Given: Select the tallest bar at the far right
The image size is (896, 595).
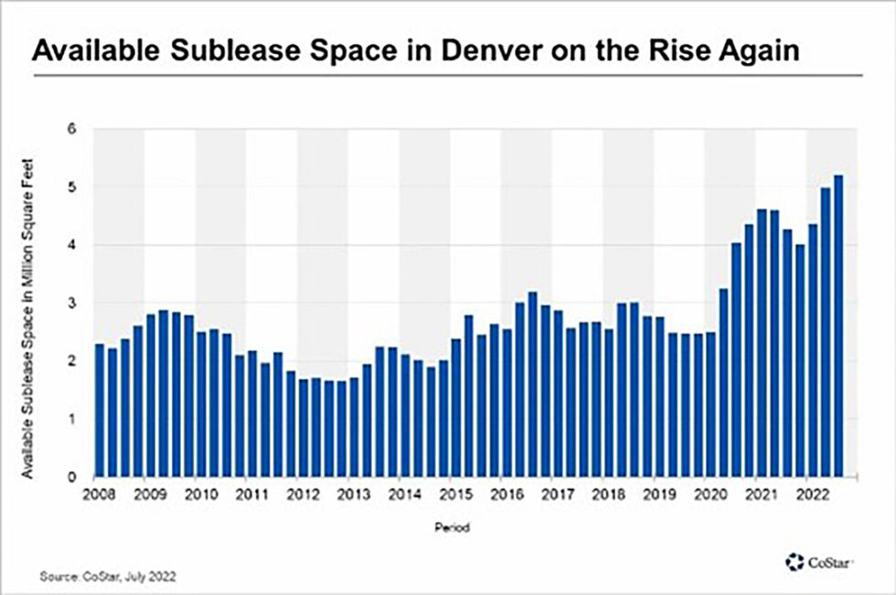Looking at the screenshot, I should pos(837,325).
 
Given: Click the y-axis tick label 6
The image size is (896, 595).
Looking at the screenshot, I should pos(70,129).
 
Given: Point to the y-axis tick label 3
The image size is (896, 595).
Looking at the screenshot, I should pos(70,303).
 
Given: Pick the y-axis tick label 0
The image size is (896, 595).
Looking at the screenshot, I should pos(70,476).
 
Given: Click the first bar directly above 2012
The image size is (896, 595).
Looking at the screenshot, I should pos(303,427).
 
